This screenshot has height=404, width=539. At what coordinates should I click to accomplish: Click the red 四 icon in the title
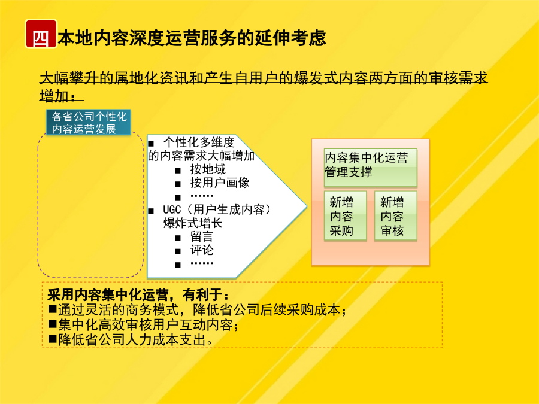(x=41, y=34)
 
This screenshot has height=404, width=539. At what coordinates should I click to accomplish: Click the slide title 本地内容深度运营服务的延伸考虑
(x=192, y=38)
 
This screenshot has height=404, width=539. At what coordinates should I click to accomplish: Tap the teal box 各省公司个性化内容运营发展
(x=89, y=122)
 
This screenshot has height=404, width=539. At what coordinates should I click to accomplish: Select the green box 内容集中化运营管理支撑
(x=371, y=168)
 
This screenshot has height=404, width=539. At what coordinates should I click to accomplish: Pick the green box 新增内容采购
(x=345, y=215)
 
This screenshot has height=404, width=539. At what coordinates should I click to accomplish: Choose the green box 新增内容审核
(x=396, y=215)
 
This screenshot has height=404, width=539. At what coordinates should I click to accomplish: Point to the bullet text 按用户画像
(x=220, y=183)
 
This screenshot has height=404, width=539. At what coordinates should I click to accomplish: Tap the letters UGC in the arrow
(x=172, y=209)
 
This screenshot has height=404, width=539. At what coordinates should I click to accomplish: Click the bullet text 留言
(x=202, y=236)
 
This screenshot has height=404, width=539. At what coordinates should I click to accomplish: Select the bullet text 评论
(x=202, y=250)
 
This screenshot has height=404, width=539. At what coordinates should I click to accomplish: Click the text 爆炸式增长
(x=193, y=223)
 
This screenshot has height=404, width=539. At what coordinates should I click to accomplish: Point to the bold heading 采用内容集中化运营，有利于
(x=138, y=294)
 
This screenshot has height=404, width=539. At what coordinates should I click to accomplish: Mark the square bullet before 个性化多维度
(x=150, y=143)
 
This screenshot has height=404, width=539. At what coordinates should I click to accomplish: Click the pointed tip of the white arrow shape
(x=307, y=206)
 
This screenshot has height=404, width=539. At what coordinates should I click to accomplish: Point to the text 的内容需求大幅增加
(x=201, y=156)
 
